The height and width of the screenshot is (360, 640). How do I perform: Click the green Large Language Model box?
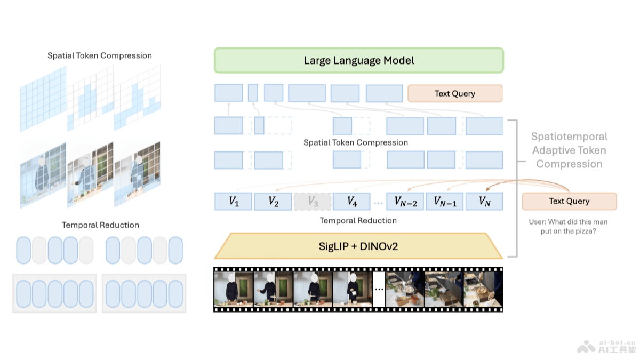(x=358, y=60)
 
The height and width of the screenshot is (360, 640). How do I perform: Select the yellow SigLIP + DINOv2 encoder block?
(x=358, y=246)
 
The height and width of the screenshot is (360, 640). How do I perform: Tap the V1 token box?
(x=233, y=202)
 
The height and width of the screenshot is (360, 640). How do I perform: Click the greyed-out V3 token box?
(x=313, y=202)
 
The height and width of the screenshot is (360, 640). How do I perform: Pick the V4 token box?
(x=351, y=202)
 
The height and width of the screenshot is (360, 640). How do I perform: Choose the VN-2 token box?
(x=405, y=202)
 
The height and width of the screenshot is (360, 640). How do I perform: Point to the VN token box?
(x=484, y=202)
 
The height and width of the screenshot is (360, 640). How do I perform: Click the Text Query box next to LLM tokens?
(x=454, y=93)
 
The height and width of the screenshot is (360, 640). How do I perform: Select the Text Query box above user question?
(x=569, y=201)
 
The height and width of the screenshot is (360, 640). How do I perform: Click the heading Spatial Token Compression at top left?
(x=100, y=55)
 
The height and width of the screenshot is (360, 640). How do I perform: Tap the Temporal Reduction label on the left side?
(x=100, y=225)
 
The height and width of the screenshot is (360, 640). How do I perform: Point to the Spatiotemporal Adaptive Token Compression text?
(x=569, y=150)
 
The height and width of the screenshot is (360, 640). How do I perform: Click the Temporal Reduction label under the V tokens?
(x=358, y=220)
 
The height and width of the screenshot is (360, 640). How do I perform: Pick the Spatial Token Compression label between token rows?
(x=356, y=142)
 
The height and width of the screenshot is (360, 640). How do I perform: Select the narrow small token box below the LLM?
(x=253, y=93)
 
